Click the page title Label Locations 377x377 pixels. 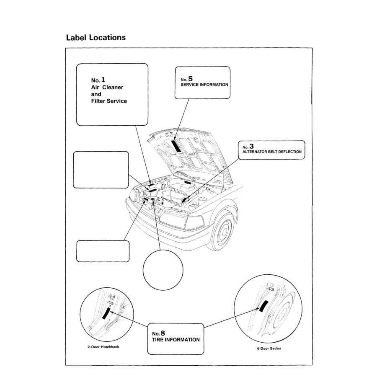click(x=96, y=38)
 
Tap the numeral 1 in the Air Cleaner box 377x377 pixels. click(x=103, y=79)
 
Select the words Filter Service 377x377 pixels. click(x=109, y=101)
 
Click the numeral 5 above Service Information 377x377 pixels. click(x=190, y=78)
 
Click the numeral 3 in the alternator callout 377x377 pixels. click(x=251, y=146)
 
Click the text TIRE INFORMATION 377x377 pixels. click(x=176, y=340)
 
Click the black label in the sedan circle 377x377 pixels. click(x=263, y=307)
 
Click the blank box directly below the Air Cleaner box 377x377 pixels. click(x=101, y=170)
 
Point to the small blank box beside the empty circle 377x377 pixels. click(x=102, y=251)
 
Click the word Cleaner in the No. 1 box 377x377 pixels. click(x=113, y=88)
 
